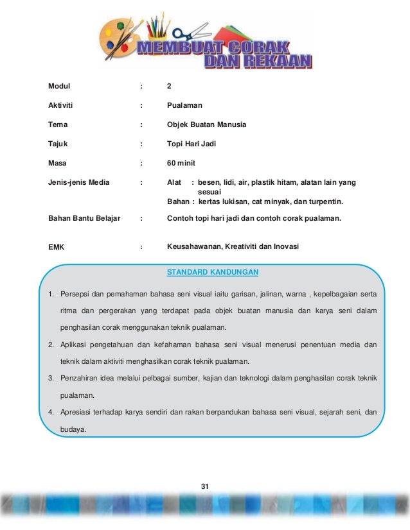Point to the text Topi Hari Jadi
coord(192,144)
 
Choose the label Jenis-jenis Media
coord(78,182)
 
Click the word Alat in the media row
coord(174,182)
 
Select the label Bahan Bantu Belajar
coord(84,218)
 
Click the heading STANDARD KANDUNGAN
coord(213,272)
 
